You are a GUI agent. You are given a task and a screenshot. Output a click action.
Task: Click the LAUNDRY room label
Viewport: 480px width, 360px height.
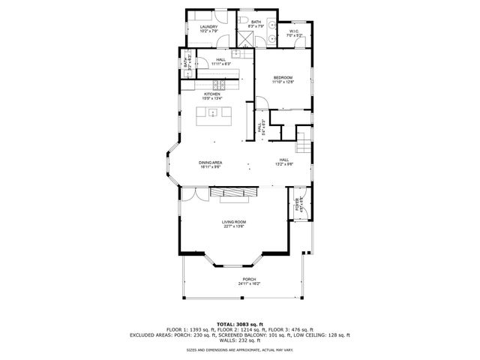[x=208, y=27]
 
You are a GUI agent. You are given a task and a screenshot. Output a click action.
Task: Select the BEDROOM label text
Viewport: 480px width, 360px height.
[x=282, y=77]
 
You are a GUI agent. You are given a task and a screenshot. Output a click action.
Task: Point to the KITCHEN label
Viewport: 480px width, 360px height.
[x=211, y=94]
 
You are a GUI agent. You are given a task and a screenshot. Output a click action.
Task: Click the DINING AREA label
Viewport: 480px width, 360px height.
[x=209, y=163]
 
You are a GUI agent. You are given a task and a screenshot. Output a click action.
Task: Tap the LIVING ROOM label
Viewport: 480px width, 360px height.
[x=234, y=222]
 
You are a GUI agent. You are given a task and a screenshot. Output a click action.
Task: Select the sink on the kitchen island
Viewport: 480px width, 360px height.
[x=212, y=114]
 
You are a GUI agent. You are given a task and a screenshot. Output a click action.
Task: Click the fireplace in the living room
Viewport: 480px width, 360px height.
[x=232, y=194]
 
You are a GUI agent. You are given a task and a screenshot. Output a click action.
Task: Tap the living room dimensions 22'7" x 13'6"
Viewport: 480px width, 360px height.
[x=234, y=226]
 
